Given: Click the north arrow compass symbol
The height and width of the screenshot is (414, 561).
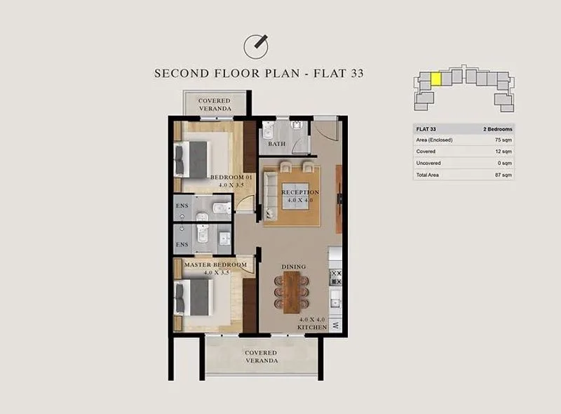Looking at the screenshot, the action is pyautogui.click(x=256, y=46).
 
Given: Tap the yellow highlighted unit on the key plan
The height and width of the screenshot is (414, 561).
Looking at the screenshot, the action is pyautogui.click(x=435, y=79).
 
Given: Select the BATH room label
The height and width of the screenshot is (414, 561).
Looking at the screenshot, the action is pyautogui.click(x=277, y=144).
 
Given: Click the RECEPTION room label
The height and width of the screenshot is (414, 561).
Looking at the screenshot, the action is pyautogui.click(x=300, y=192).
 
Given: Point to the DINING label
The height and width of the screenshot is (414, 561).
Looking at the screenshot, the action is pyautogui.click(x=293, y=267).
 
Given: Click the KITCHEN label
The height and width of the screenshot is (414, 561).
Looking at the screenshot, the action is pyautogui.click(x=312, y=327).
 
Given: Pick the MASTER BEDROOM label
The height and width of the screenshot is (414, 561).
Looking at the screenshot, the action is pyautogui.click(x=215, y=265).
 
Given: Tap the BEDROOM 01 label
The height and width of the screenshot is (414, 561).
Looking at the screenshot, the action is pyautogui.click(x=231, y=178).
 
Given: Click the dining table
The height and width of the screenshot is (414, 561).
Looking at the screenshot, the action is pyautogui.click(x=292, y=292).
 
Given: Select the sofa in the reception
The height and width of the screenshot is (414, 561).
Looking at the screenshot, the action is pyautogui.click(x=271, y=195).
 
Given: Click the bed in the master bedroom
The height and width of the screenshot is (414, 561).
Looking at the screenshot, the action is pyautogui.click(x=194, y=298).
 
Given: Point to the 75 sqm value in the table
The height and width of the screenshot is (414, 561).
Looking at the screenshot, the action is pyautogui.click(x=503, y=140).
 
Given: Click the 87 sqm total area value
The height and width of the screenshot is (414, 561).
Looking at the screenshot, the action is pyautogui.click(x=503, y=175).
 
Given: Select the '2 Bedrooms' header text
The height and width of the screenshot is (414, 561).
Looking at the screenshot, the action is pyautogui.click(x=498, y=129).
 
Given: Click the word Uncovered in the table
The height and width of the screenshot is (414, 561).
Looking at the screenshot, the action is pyautogui.click(x=428, y=163).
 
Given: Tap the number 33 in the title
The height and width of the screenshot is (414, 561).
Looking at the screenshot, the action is pyautogui.click(x=357, y=74).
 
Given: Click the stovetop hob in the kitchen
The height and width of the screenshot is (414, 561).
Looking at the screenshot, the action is pyautogui.click(x=335, y=278).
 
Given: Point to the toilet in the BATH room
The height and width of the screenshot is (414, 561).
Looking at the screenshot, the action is pyautogui.click(x=268, y=131).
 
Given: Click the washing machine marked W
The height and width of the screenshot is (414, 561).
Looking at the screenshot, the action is pyautogui.click(x=336, y=326).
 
